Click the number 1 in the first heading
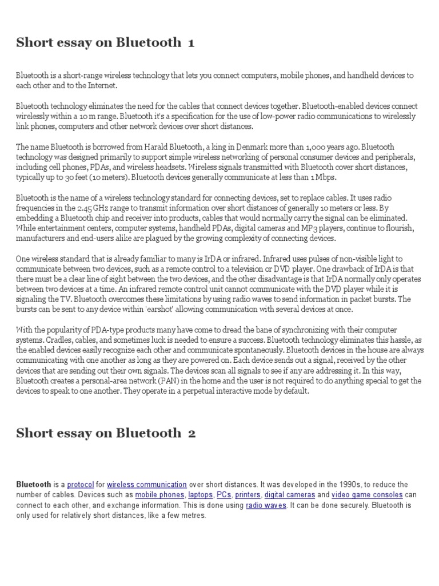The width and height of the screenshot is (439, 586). [x=190, y=42]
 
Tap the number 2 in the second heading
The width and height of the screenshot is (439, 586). [x=191, y=433]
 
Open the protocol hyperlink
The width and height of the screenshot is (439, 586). [x=80, y=485]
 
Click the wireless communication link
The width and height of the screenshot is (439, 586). [x=147, y=485]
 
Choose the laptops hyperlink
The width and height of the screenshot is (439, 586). [x=201, y=495]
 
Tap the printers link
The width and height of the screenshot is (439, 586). [x=247, y=495]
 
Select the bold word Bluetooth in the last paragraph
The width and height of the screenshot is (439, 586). [x=33, y=485]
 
